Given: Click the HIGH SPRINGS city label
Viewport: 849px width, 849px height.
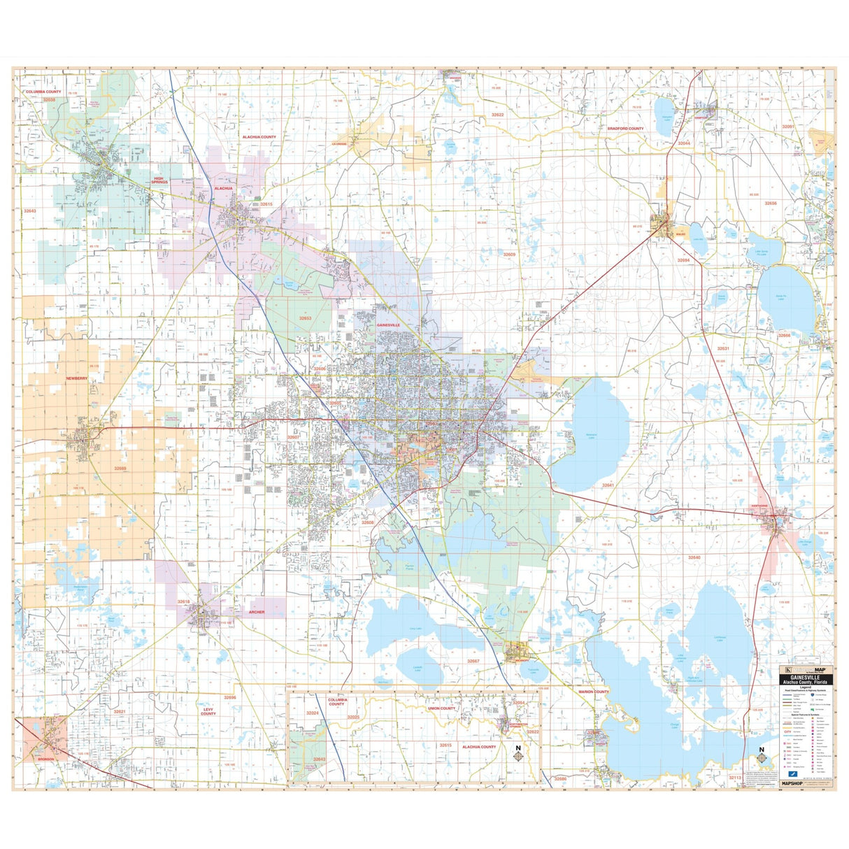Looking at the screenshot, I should click(161, 180).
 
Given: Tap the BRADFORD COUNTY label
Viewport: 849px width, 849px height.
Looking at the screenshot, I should click(625, 129).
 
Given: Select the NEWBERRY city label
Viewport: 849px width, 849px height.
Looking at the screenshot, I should click(77, 378).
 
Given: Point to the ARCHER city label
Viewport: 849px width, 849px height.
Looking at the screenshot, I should click(257, 612).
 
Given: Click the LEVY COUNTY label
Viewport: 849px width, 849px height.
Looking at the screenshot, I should click(208, 711).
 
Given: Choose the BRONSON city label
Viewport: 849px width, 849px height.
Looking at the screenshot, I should click(46, 759).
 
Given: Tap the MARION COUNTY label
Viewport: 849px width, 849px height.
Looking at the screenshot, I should click(594, 692).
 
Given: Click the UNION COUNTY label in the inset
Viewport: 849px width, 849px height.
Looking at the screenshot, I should click(441, 708).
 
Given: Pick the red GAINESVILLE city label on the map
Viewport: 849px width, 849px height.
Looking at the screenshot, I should click(388, 325).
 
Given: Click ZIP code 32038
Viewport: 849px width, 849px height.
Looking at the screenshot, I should click(49, 100).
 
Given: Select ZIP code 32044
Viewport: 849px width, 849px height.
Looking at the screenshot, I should click(684, 143).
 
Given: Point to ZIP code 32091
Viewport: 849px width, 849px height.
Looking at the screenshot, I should click(788, 127).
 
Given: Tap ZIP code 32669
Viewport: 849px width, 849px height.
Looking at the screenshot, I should click(120, 469).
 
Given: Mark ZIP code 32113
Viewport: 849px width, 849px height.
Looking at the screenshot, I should click(735, 777).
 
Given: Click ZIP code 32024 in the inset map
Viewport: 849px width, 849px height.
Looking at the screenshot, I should click(312, 713).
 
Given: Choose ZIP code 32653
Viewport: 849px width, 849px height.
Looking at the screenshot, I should click(305, 318).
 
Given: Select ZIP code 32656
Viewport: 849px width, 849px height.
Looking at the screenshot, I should click(770, 203).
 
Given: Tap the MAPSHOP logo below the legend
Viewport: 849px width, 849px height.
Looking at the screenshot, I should click(795, 783).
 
